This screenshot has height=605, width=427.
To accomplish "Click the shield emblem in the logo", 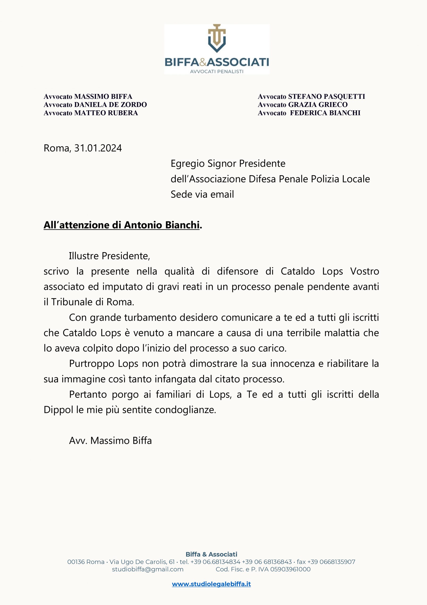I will [217, 39].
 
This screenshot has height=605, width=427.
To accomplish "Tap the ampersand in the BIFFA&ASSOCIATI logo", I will [203, 62].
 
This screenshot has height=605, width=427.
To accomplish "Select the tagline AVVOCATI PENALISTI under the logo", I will [217, 72].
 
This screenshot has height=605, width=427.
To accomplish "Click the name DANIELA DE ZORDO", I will [110, 105].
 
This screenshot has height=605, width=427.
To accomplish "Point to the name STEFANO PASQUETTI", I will [327, 96].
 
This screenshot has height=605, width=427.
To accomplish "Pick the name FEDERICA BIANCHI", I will [325, 113].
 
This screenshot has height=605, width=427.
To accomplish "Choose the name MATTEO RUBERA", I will [106, 113].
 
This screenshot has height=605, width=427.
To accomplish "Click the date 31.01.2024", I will [98, 148].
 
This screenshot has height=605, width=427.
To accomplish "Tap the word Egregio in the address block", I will [188, 164].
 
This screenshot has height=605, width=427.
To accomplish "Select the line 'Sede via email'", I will [202, 194].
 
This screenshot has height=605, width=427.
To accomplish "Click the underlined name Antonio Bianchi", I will [162, 225].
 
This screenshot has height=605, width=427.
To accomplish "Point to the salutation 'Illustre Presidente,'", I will [109, 256].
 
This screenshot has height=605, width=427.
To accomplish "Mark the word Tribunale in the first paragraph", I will [72, 302].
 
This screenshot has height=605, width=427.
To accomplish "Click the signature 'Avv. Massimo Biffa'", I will [110, 441].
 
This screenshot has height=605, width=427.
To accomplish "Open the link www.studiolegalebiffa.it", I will [211, 584].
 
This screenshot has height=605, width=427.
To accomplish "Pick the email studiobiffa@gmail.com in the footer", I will [148, 569].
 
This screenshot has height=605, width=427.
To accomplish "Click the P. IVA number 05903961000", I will [290, 569].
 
